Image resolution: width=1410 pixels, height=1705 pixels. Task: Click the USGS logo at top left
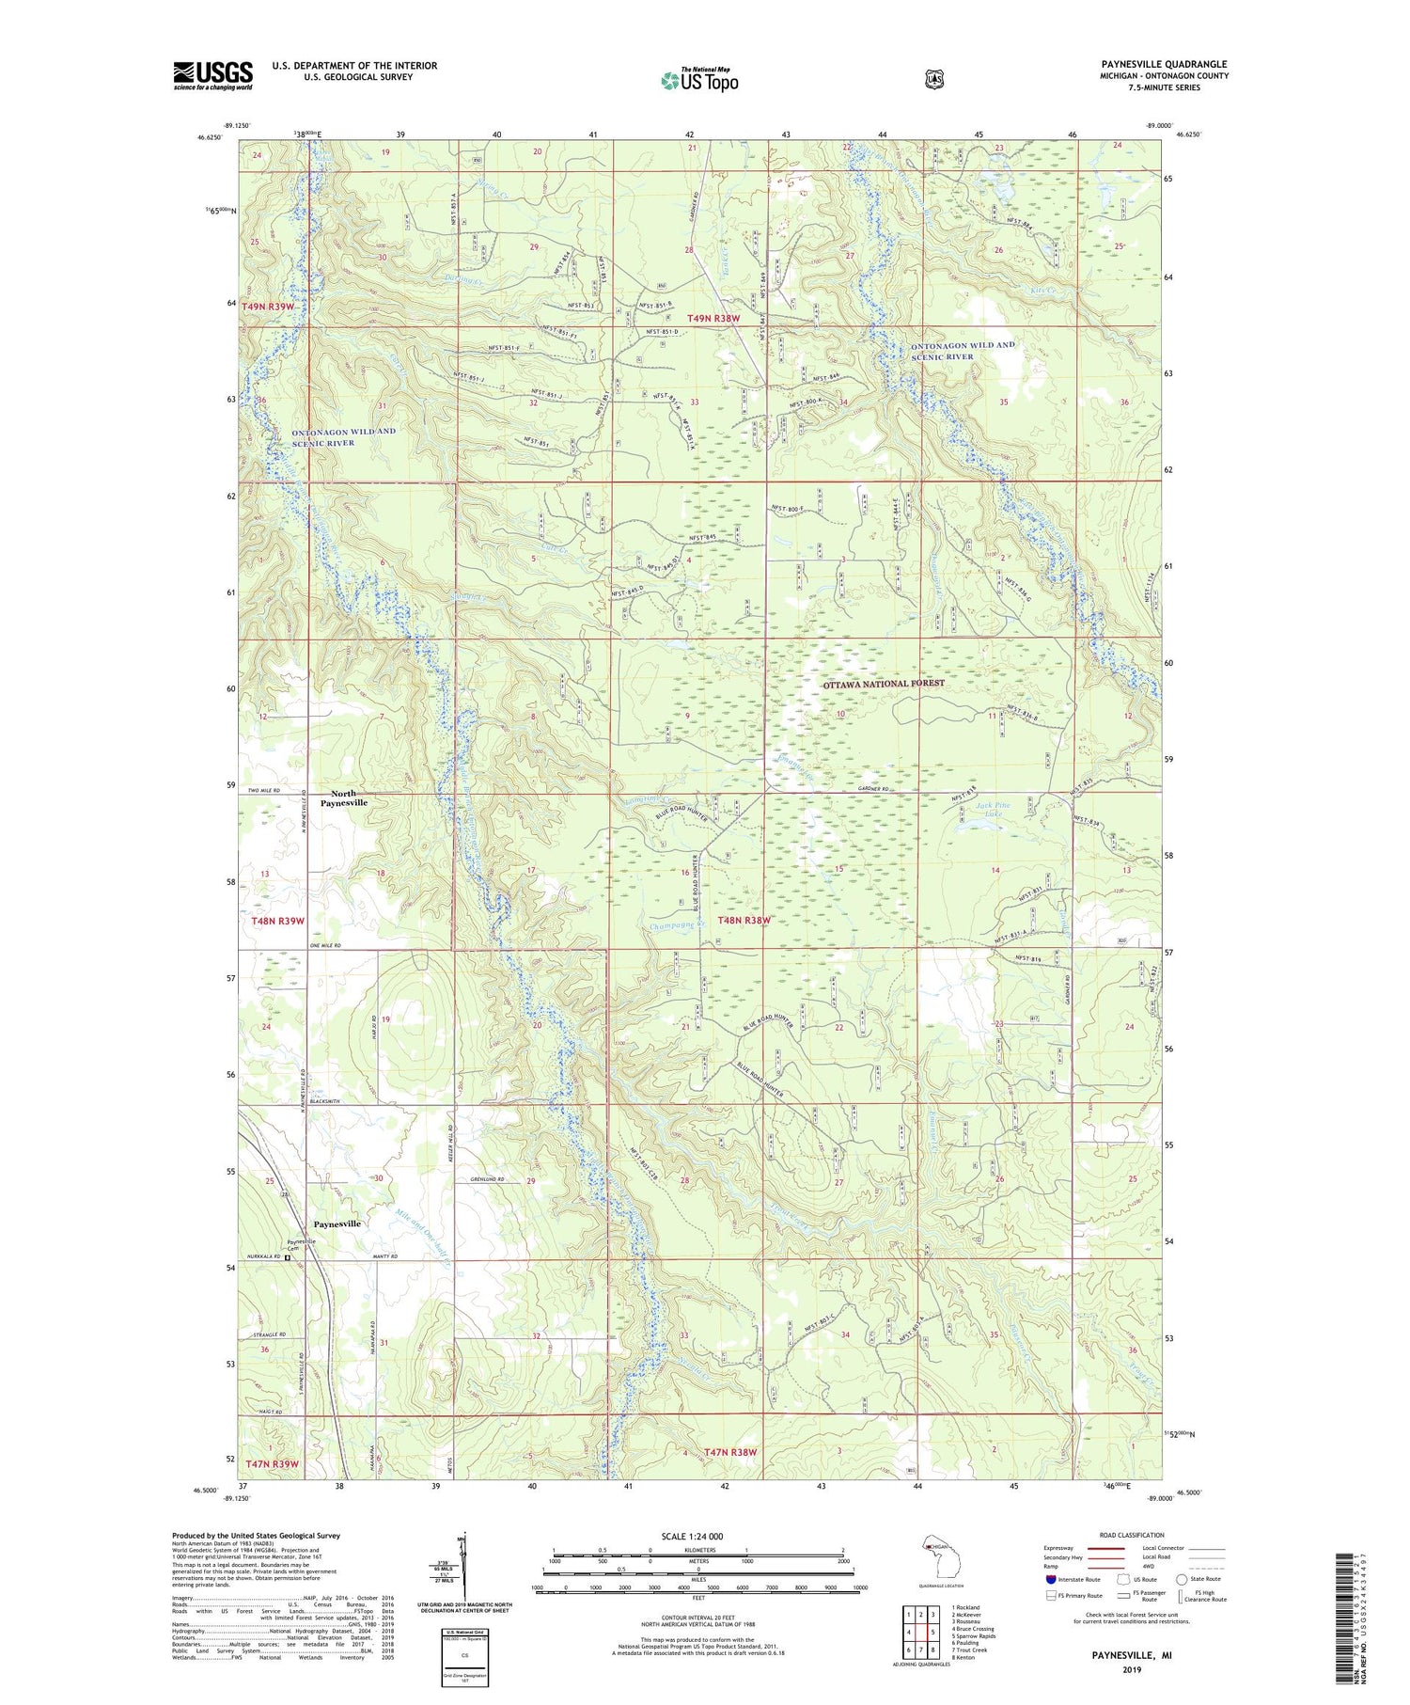click(x=212, y=75)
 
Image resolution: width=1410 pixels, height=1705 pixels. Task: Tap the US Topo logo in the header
click(x=699, y=80)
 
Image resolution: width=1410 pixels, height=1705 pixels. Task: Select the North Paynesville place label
click(x=342, y=798)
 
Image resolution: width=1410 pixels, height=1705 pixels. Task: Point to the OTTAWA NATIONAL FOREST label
click(x=884, y=684)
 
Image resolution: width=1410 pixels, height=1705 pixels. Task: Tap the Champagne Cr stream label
click(x=677, y=926)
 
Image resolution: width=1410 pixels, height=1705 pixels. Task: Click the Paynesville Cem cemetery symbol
click(x=288, y=1257)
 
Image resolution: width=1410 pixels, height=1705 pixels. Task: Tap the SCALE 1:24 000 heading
click(x=697, y=1536)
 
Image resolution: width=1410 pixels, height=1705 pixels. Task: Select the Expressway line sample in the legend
click(x=1109, y=1548)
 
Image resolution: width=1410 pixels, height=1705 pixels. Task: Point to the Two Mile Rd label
click(x=265, y=791)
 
